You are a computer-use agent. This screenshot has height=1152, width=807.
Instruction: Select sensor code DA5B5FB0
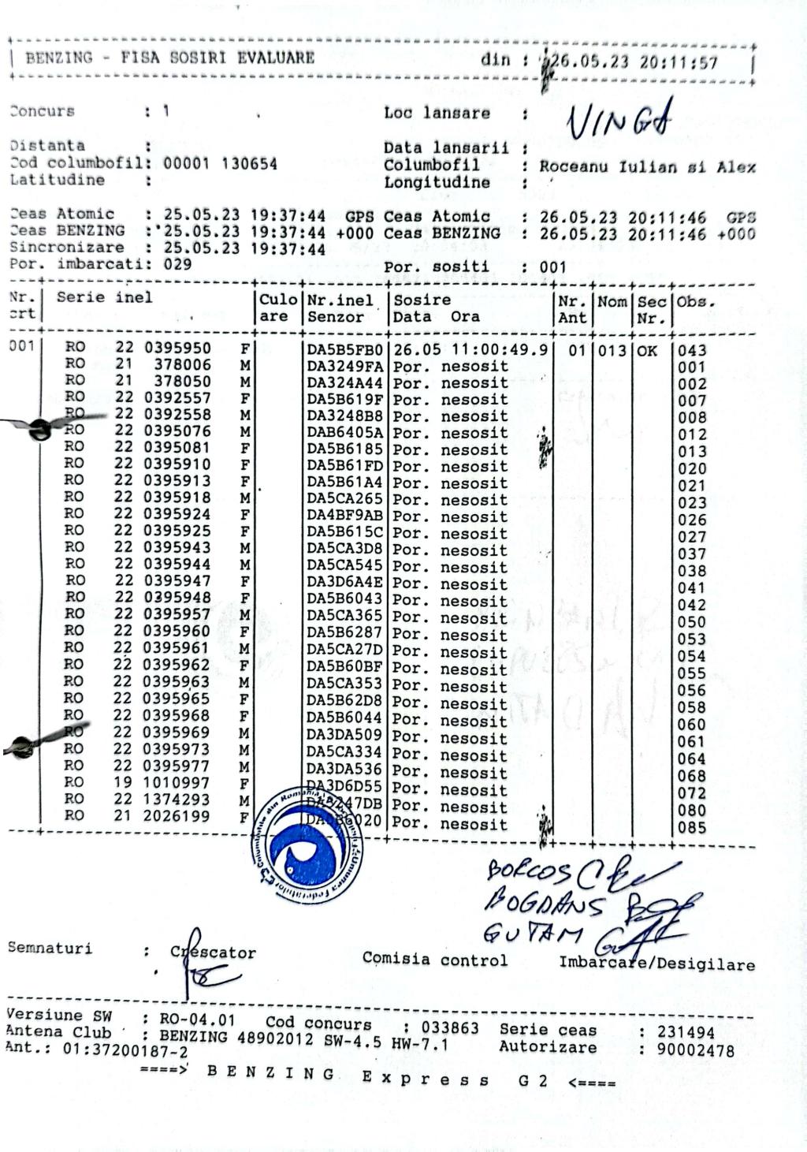[344, 349]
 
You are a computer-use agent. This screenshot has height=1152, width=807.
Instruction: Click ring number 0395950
[177, 348]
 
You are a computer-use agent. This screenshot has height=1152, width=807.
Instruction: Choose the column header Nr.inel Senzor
[344, 308]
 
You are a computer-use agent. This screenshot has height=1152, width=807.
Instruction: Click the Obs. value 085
[691, 828]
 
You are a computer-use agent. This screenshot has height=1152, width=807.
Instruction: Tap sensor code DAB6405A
[344, 433]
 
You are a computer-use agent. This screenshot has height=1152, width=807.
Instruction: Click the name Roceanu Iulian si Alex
[647, 167]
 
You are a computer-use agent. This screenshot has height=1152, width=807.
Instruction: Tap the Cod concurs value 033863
[449, 1028]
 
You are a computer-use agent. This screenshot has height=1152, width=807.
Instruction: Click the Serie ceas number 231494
[686, 1032]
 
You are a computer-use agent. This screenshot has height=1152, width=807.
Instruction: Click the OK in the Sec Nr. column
[647, 349]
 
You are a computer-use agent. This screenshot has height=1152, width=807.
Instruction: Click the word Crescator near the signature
[214, 952]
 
